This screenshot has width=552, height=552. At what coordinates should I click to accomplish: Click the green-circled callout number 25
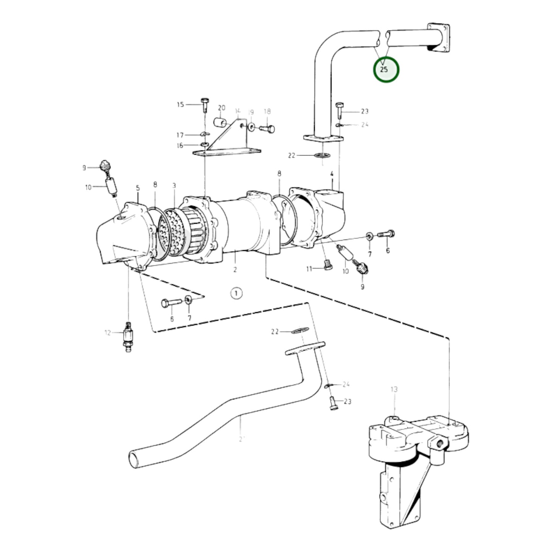385,70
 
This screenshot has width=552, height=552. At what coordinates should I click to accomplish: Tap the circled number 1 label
236,293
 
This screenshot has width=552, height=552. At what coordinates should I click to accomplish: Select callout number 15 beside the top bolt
180,104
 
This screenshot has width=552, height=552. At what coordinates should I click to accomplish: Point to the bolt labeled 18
267,129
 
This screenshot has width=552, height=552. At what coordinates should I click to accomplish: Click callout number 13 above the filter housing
394,389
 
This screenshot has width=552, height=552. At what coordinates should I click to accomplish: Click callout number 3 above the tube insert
174,186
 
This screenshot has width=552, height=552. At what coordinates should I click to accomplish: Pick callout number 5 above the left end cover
138,188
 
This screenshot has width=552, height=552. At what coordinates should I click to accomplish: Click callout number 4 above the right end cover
332,174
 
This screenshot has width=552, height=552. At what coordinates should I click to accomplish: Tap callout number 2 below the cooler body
235,269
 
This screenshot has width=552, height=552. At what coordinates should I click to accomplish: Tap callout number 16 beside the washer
180,146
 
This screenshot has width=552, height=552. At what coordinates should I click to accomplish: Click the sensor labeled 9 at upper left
105,167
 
